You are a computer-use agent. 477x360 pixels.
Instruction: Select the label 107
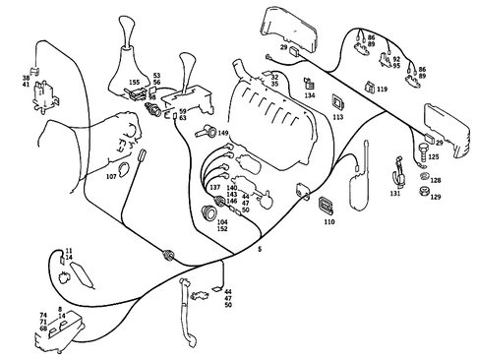[111, 177]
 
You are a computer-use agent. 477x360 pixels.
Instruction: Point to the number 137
[213, 186]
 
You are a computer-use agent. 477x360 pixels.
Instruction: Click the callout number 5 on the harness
[259, 252]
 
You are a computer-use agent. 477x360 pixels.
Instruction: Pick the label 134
[310, 96]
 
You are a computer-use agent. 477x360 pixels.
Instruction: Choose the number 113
[337, 116]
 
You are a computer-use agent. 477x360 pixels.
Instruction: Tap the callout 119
[382, 89]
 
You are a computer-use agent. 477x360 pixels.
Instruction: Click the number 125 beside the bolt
[434, 156]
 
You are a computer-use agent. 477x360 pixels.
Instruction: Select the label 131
[395, 194]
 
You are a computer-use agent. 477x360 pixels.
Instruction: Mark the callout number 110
[328, 223]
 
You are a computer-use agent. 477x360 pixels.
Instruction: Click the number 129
[436, 198]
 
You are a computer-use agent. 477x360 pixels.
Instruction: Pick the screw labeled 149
[206, 131]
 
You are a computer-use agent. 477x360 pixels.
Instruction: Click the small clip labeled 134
[308, 83]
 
